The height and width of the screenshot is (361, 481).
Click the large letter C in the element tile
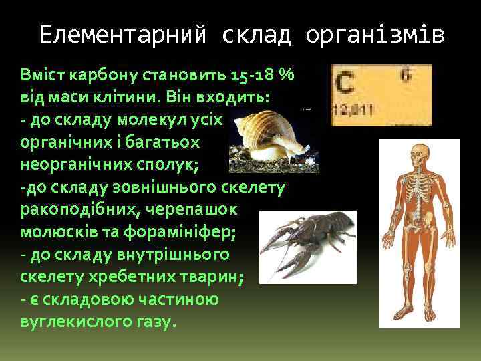tap(345, 84)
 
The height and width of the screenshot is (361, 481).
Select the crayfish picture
tap(308, 241)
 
